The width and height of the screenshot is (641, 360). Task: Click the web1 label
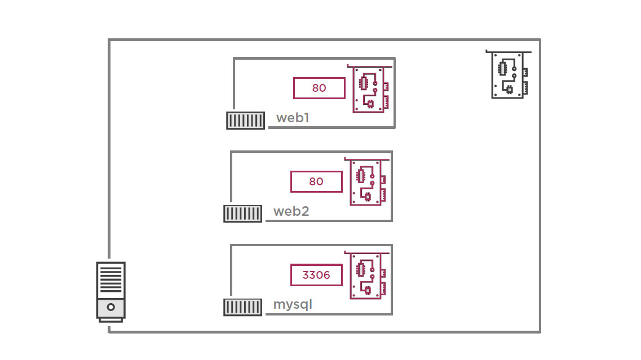[293, 118]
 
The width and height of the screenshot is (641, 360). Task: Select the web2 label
[291, 211]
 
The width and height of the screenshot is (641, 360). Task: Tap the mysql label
[293, 305]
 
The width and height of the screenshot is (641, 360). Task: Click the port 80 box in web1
[319, 88]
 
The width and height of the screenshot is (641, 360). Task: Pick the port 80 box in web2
[316, 181]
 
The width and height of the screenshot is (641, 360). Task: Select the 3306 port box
[316, 275]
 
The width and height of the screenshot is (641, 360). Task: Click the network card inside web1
[370, 88]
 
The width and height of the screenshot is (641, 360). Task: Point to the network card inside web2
[367, 182]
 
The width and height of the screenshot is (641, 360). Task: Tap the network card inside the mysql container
[367, 275]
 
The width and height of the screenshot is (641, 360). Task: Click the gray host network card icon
[509, 75]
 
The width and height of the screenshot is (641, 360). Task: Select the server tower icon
[111, 292]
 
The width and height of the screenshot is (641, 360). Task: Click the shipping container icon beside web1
[246, 121]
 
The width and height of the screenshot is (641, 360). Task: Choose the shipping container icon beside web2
[243, 214]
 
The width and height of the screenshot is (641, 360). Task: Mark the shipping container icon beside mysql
[243, 307]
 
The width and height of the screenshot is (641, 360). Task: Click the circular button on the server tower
[111, 307]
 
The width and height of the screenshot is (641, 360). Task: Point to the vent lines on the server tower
[111, 279]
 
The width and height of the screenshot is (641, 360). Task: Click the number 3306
[316, 275]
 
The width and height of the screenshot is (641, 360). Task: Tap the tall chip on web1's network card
[363, 83]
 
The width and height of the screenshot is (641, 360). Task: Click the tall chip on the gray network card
[502, 69]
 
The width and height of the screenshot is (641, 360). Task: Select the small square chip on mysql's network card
[368, 291]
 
